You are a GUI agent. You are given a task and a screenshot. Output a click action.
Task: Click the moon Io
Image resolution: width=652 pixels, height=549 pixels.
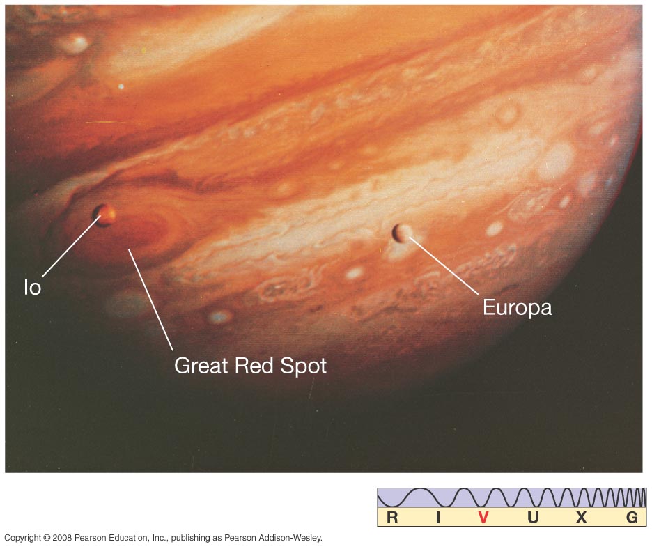tap(104, 215)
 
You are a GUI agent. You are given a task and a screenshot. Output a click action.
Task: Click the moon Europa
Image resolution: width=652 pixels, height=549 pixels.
tap(401, 233)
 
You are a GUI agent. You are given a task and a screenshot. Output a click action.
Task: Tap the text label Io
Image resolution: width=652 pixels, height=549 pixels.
tap(33, 288)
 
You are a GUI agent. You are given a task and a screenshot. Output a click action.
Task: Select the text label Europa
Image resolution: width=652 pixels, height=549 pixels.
tap(518, 308)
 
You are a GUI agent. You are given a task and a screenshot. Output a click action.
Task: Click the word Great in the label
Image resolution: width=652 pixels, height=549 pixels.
tap(201, 366)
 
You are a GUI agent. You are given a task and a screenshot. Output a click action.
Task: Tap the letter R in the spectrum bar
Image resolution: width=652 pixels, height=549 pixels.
tap(392, 518)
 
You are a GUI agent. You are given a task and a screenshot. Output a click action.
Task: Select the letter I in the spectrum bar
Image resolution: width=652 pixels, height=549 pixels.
tap(438, 518)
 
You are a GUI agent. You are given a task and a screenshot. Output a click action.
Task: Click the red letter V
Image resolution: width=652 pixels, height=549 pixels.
tap(483, 518)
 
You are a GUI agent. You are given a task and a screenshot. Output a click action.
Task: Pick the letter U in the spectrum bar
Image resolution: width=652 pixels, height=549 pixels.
tap(533, 518)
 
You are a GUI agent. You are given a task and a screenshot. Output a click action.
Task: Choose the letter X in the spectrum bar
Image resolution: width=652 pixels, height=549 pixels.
tap(582, 518)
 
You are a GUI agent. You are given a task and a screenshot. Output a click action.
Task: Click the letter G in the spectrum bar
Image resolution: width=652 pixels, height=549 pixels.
tap(632, 518)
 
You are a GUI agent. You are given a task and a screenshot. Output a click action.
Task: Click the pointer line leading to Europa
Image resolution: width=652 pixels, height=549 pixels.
tap(444, 266)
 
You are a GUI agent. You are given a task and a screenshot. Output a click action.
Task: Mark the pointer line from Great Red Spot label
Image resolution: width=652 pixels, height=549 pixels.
tap(150, 300)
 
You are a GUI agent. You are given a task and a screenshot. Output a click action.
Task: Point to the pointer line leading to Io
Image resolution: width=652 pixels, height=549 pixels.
tap(71, 246)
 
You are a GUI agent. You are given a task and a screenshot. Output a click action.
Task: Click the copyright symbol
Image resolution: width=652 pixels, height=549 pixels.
tap(46, 538)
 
